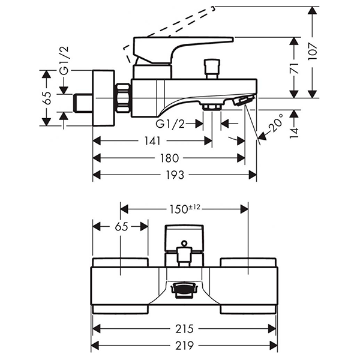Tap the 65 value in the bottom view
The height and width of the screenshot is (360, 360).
click(x=121, y=226)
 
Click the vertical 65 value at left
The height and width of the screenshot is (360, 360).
click(x=47, y=98)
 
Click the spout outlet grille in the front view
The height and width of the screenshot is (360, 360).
click(x=184, y=289)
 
